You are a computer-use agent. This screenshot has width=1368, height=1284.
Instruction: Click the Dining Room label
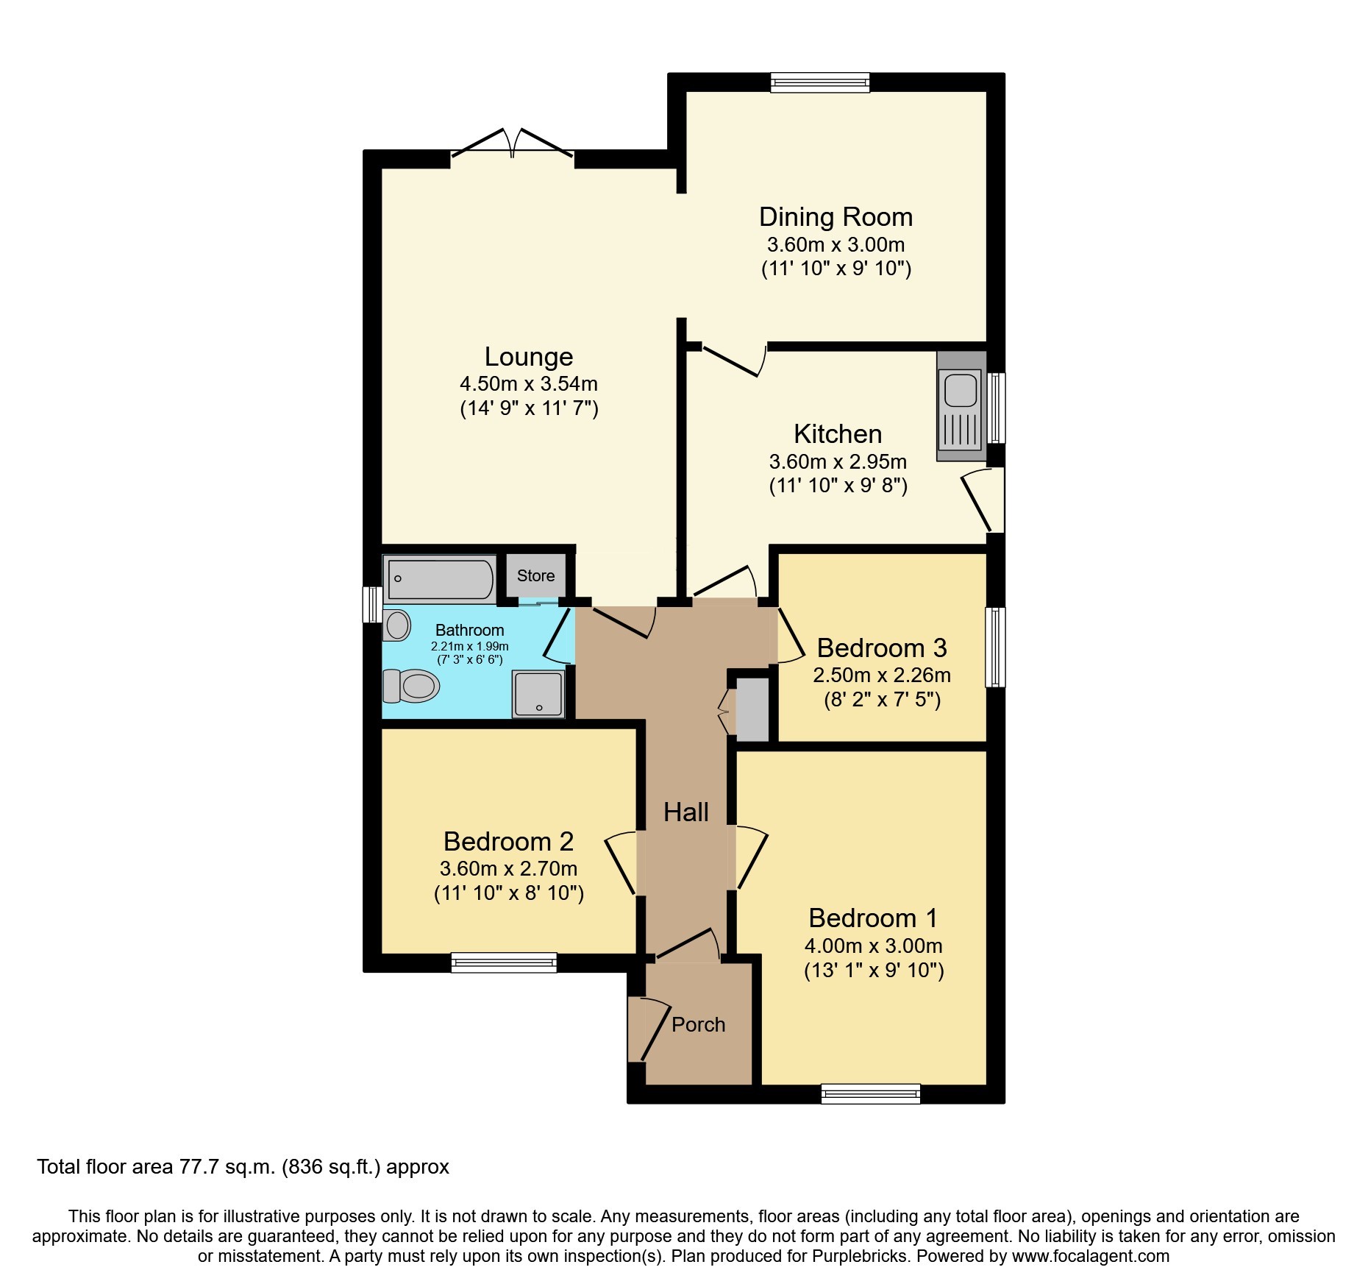(836, 217)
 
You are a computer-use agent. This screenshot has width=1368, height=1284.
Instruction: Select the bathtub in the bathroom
(439, 579)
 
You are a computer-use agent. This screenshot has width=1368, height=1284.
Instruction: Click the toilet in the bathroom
(411, 686)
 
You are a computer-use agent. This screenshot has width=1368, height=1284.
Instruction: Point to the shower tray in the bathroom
(539, 692)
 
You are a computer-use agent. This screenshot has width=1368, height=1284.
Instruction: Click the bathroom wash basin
(398, 625)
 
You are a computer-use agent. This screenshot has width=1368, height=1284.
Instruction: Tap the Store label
(535, 575)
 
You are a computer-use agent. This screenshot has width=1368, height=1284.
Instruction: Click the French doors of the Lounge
(512, 146)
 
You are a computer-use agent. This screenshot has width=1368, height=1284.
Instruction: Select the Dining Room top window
(819, 82)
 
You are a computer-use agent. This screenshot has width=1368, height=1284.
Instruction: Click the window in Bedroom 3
(995, 646)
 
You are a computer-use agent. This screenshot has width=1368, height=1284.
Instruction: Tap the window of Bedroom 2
(504, 962)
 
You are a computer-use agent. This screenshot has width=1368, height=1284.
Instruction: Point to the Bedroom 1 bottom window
(870, 1094)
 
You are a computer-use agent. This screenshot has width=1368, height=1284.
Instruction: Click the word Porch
(698, 1024)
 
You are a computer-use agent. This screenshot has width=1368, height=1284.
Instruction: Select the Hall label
(685, 812)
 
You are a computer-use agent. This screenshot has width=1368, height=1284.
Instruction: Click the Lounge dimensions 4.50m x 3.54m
(528, 383)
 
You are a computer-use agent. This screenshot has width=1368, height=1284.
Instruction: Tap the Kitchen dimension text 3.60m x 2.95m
(838, 461)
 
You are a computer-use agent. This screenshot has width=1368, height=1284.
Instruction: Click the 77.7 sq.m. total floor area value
(228, 1167)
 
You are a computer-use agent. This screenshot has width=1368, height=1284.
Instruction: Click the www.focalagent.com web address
(1090, 1256)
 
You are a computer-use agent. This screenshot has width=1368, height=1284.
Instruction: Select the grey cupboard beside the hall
(752, 709)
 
